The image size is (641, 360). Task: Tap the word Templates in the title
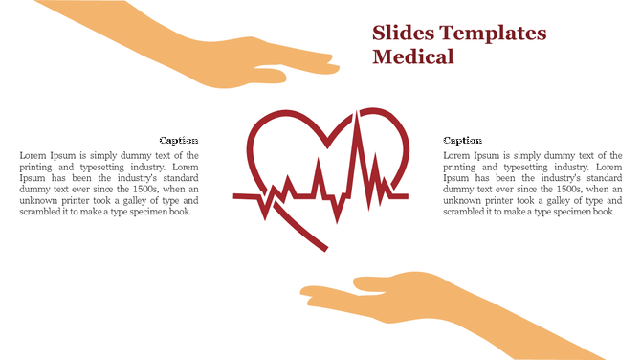tap(491, 34)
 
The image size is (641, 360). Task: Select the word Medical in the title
tap(412, 57)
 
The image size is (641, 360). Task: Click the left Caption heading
tap(179, 140)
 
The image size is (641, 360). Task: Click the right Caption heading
tap(463, 140)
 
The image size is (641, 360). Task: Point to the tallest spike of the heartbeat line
tap(359, 120)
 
